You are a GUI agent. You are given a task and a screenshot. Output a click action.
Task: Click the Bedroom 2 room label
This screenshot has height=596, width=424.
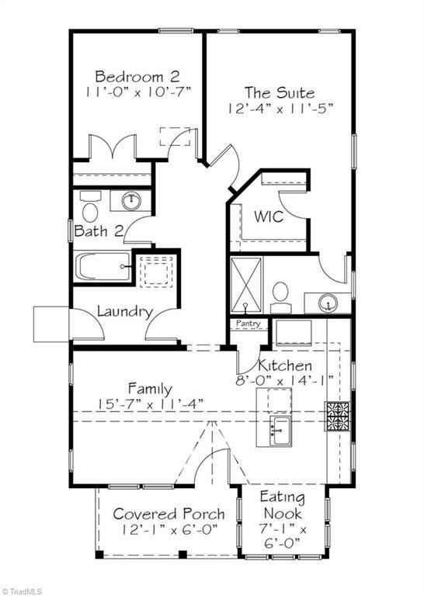click(137, 76)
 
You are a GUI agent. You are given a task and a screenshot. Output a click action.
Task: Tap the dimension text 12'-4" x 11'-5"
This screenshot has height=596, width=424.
click(280, 109)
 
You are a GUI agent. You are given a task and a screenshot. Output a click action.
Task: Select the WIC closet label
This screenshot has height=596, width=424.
click(269, 217)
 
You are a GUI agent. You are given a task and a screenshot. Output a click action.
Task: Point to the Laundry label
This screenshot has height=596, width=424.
click(123, 311)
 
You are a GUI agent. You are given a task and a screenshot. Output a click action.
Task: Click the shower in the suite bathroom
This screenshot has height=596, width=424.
click(247, 285)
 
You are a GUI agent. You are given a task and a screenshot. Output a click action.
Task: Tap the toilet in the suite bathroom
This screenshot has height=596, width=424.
click(280, 296)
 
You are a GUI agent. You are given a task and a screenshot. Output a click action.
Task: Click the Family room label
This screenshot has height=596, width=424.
click(150, 388)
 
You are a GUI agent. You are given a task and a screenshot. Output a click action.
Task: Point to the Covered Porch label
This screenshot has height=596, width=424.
click(169, 514)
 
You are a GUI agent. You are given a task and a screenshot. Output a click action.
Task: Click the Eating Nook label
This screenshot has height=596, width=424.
click(282, 505)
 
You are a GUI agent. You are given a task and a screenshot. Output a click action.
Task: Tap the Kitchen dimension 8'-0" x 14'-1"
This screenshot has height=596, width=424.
click(285, 381)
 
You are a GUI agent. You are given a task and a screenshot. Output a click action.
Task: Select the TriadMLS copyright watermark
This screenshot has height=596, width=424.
click(22, 591)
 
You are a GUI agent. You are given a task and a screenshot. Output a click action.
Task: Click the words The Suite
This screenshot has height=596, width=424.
click(280, 92)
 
